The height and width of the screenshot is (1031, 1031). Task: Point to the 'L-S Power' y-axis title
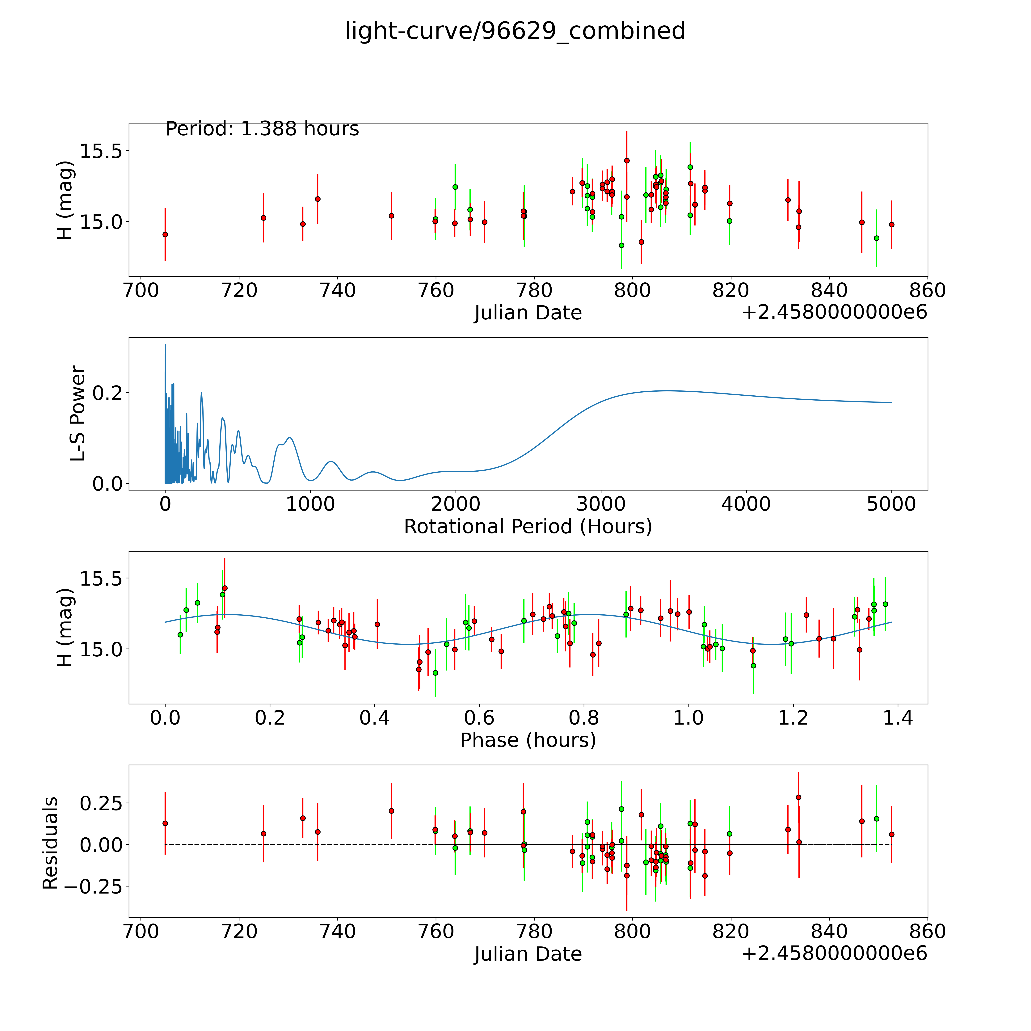click(78, 414)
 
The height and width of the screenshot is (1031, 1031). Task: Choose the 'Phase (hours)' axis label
click(528, 740)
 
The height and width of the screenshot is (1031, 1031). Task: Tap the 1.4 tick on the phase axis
click(898, 718)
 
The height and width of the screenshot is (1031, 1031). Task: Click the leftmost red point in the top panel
click(165, 234)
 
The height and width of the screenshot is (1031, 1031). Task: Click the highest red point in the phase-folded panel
click(225, 588)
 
